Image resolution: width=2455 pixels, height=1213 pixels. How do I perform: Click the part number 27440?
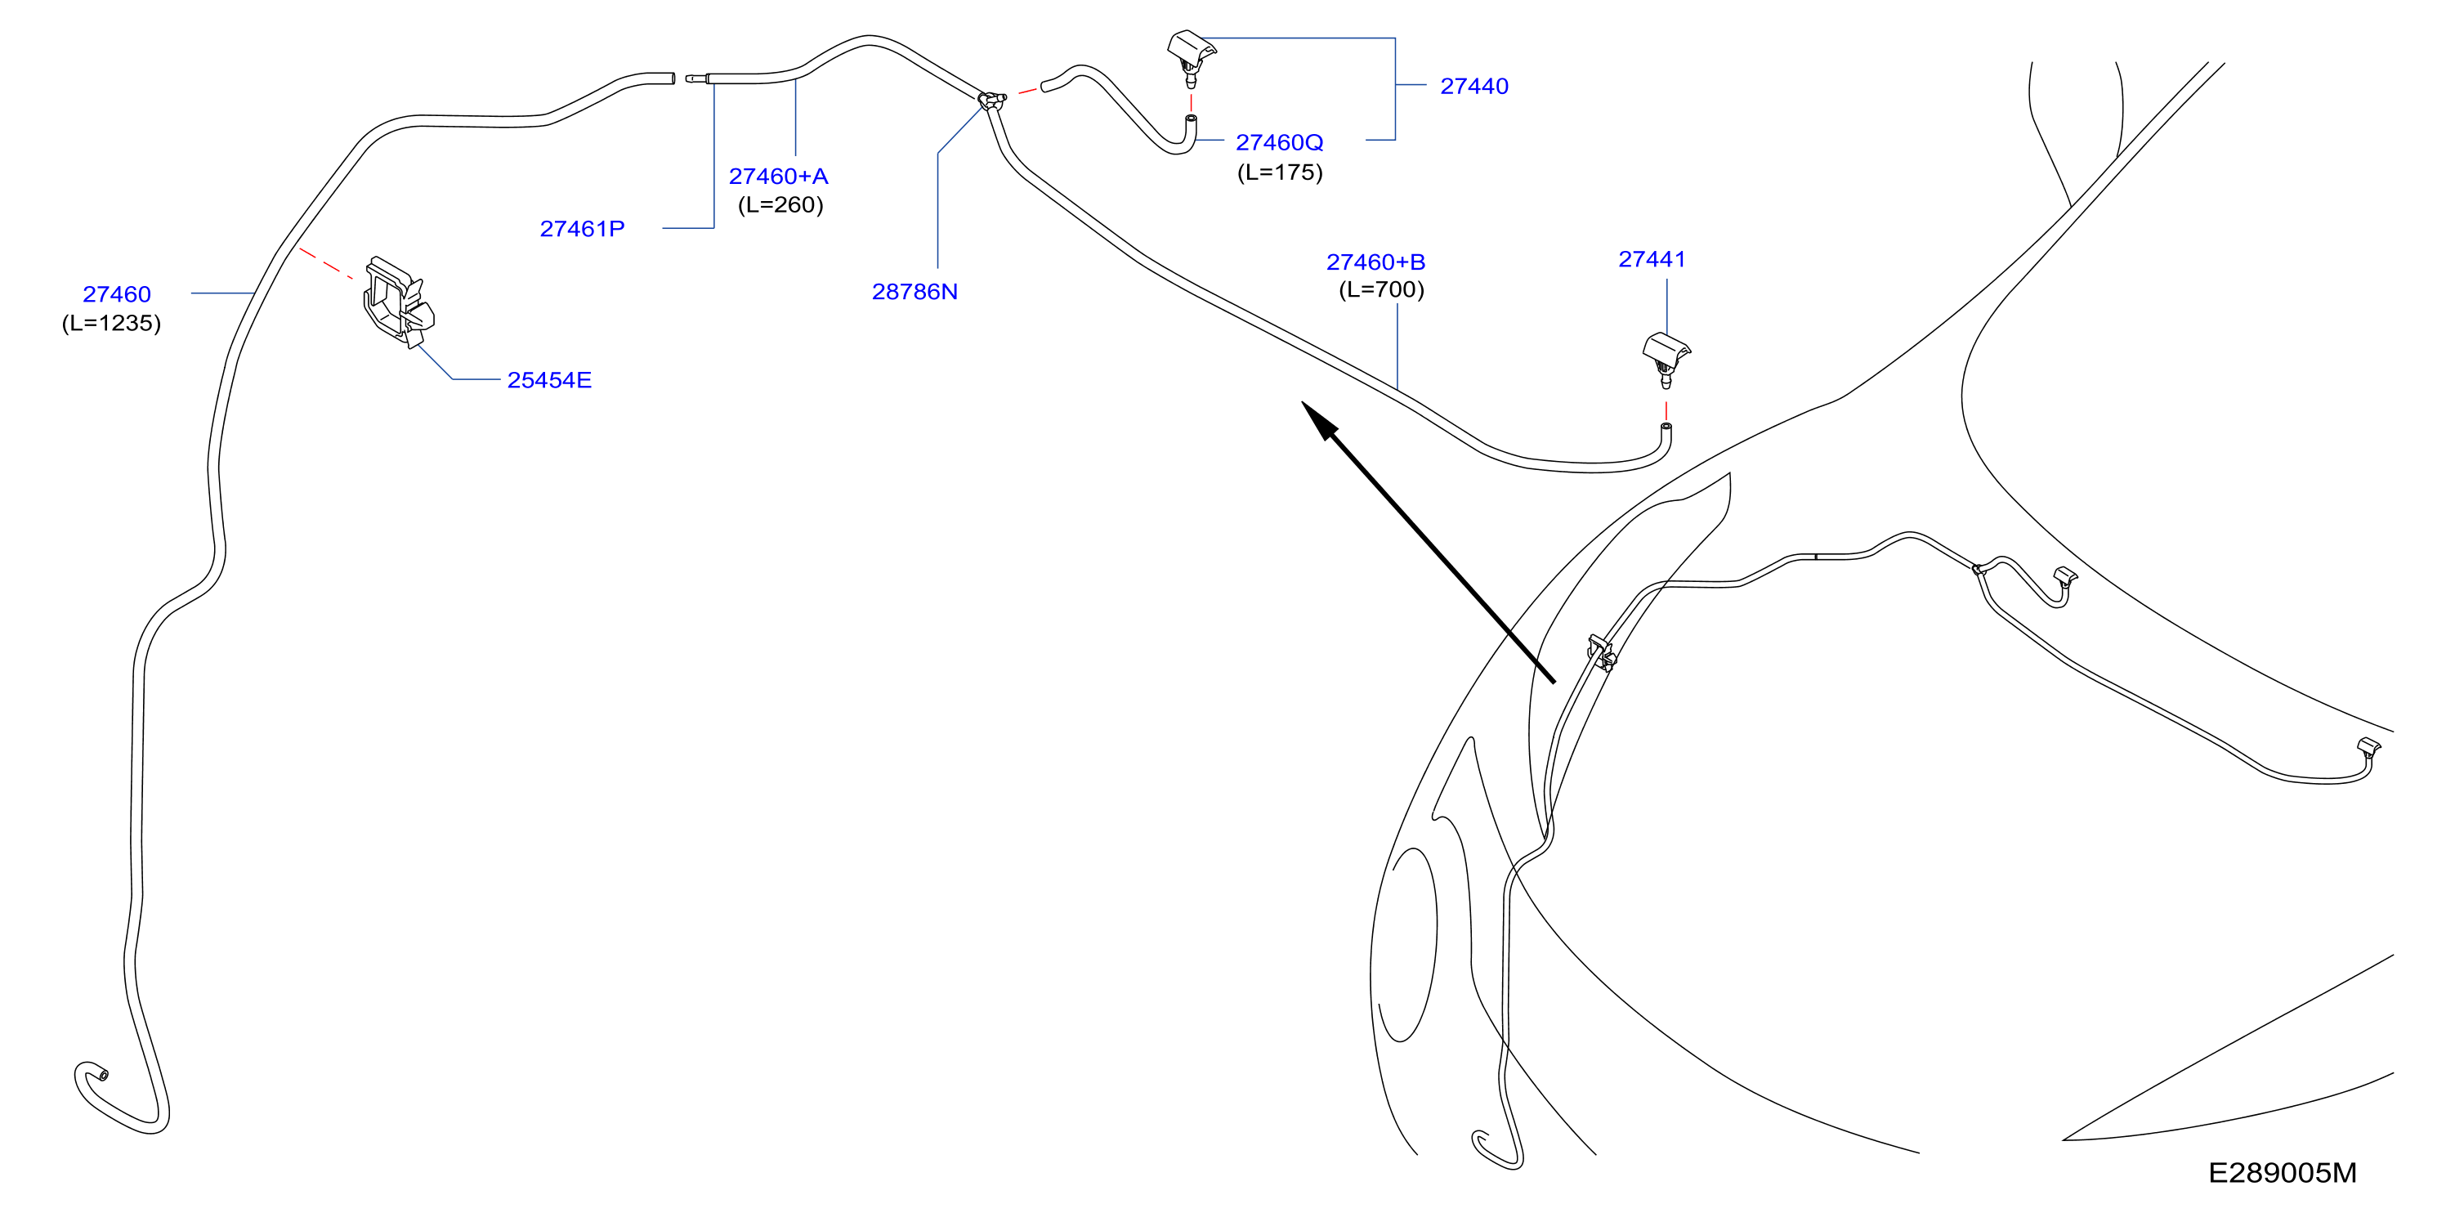pyautogui.click(x=1473, y=86)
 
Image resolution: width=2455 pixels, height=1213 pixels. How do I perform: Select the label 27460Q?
pyautogui.click(x=1279, y=142)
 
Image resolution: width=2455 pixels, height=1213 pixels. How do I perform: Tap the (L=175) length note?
pyautogui.click(x=1280, y=172)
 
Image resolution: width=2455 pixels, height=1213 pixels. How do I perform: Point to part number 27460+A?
pyautogui.click(x=778, y=177)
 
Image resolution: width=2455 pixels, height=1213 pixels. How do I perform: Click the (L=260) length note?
pyautogui.click(x=780, y=205)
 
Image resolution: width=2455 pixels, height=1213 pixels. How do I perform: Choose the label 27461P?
pyautogui.click(x=583, y=229)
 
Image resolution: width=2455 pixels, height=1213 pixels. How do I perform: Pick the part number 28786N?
pyautogui.click(x=915, y=292)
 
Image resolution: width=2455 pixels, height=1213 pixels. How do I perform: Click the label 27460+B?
pyautogui.click(x=1375, y=262)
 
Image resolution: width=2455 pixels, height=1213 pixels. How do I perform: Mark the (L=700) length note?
pyautogui.click(x=1381, y=289)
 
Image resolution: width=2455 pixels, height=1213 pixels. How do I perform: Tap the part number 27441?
pyautogui.click(x=1652, y=259)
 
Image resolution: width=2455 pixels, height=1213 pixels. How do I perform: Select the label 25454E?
pyautogui.click(x=549, y=380)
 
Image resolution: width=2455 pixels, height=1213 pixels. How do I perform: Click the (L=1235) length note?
pyautogui.click(x=111, y=323)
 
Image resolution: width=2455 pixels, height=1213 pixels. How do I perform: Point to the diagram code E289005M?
pyautogui.click(x=2283, y=1173)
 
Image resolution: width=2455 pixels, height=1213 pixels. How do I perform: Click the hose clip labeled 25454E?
pyautogui.click(x=398, y=301)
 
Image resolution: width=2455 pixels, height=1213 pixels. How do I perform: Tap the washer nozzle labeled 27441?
pyautogui.click(x=1666, y=358)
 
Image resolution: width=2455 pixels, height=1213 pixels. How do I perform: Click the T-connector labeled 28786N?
pyautogui.click(x=992, y=100)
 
